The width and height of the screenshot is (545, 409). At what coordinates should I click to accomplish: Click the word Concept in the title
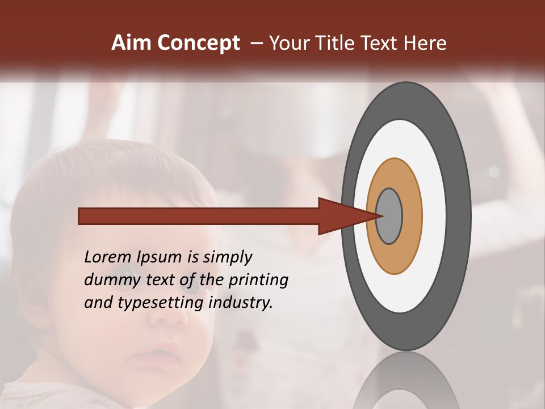tap(198, 43)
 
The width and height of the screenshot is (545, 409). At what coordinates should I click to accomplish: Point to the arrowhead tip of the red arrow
tap(381, 216)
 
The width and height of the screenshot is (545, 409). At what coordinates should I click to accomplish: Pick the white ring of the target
tap(434, 216)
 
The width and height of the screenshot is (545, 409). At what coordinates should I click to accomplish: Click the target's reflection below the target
tap(406, 386)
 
